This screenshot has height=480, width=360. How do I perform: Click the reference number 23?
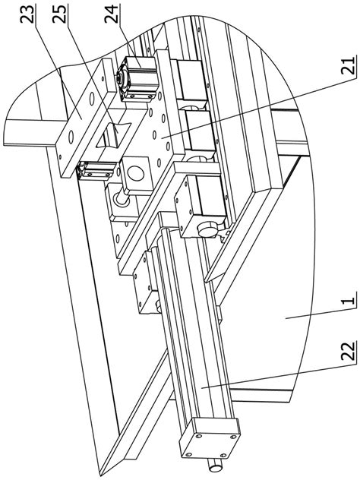[27, 14]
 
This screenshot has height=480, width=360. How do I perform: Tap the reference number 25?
[59, 14]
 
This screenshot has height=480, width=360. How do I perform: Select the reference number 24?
[111, 14]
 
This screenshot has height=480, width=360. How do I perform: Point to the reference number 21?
[349, 65]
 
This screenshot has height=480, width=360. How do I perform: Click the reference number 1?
[349, 298]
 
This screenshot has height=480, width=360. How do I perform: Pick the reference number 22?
[349, 351]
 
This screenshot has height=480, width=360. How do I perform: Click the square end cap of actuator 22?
[210, 436]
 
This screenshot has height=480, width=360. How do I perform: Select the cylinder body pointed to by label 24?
[139, 79]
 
